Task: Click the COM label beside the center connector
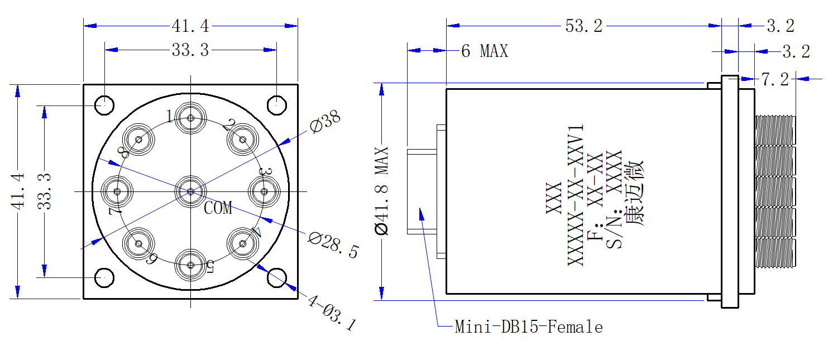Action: (218, 208)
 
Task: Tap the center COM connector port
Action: (190, 191)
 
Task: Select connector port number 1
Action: (190, 118)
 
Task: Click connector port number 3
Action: (264, 191)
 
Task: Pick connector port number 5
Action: (190, 265)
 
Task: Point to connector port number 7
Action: (117, 191)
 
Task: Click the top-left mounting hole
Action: (104, 105)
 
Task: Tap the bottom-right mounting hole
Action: (277, 278)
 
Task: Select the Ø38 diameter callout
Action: (325, 121)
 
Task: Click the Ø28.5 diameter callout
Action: (333, 245)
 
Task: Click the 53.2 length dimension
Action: (583, 26)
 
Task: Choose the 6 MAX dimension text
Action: (485, 51)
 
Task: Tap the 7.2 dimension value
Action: (775, 79)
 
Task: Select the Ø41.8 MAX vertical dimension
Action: (381, 191)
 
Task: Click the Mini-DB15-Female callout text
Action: (529, 327)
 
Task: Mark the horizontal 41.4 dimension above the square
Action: (190, 26)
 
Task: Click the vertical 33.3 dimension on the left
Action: (44, 191)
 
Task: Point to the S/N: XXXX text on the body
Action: (614, 199)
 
